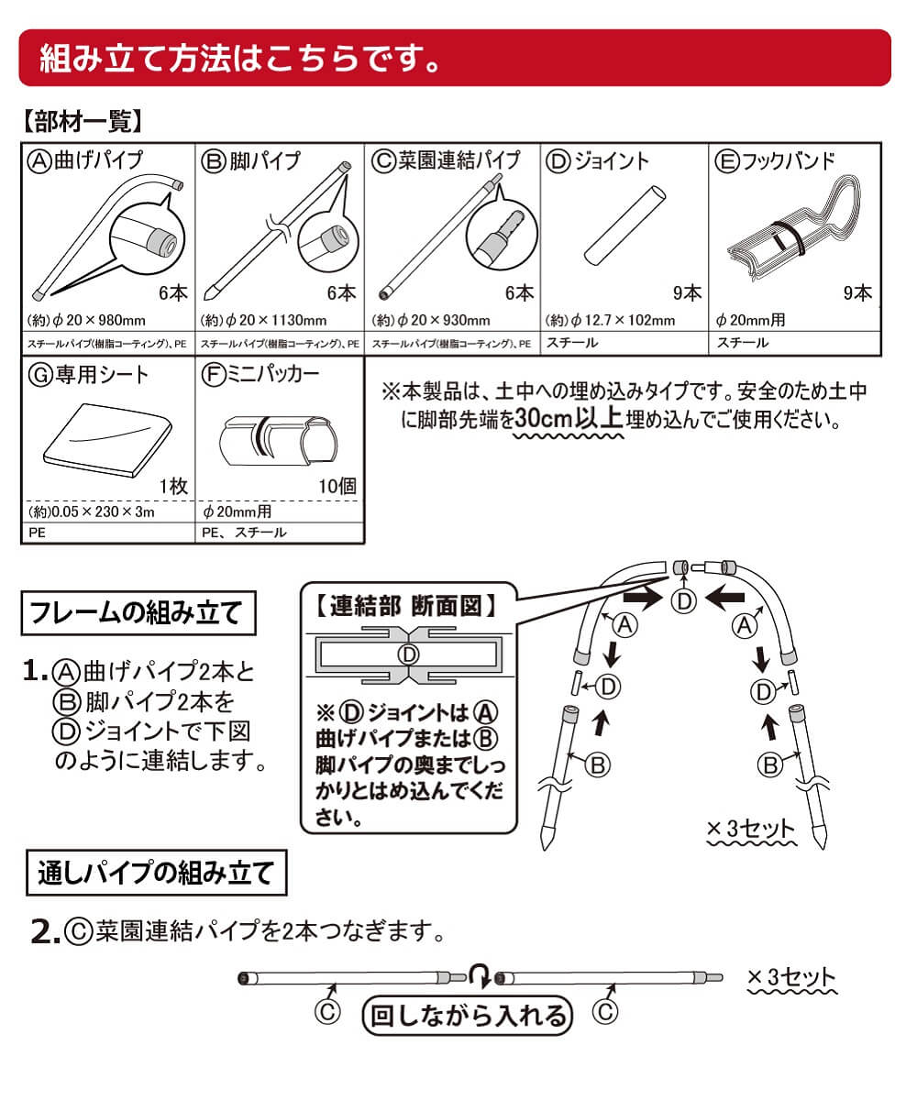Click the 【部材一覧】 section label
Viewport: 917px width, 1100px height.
click(81, 121)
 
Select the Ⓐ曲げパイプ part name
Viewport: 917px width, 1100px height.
click(87, 160)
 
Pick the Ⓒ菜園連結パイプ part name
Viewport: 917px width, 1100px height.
click(447, 160)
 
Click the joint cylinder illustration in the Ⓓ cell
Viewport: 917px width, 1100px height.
click(624, 225)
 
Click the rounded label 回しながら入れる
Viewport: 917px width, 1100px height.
click(467, 1015)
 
